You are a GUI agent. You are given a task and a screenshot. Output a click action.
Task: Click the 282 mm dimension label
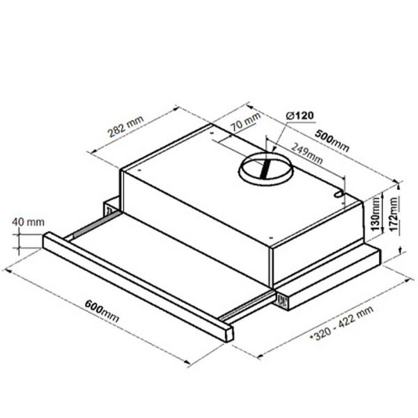point(125,127)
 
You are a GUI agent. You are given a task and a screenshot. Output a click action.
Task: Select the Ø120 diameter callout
point(300,116)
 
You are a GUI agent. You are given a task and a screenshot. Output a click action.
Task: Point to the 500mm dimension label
point(332,141)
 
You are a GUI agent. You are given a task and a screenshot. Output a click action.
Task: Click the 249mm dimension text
point(307,153)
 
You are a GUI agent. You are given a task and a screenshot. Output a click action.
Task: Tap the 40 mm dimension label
point(28,222)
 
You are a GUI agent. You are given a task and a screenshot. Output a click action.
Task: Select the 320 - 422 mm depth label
point(342,323)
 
